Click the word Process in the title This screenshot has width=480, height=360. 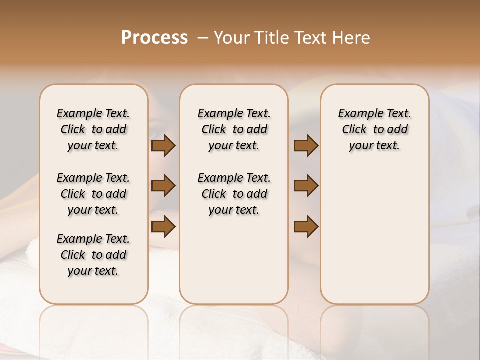click(154, 38)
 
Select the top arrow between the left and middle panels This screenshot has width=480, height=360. click(163, 146)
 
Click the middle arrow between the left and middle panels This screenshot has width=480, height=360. click(163, 186)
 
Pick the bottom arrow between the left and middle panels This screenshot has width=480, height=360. click(163, 226)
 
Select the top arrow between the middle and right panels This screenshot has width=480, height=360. click(306, 146)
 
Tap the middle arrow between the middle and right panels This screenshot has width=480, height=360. click(306, 186)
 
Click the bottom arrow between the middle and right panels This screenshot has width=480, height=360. click(306, 226)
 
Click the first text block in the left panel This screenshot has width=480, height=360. click(93, 129)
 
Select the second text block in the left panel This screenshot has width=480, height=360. click(93, 194)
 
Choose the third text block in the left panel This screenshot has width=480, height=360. click(93, 255)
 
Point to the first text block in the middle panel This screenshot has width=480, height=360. click(234, 129)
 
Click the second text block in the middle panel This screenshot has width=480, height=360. click(234, 194)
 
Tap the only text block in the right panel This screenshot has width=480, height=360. click(374, 129)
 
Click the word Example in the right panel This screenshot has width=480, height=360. click(358, 114)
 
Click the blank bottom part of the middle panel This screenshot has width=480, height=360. click(234, 265)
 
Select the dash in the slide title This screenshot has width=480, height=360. click(202, 38)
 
